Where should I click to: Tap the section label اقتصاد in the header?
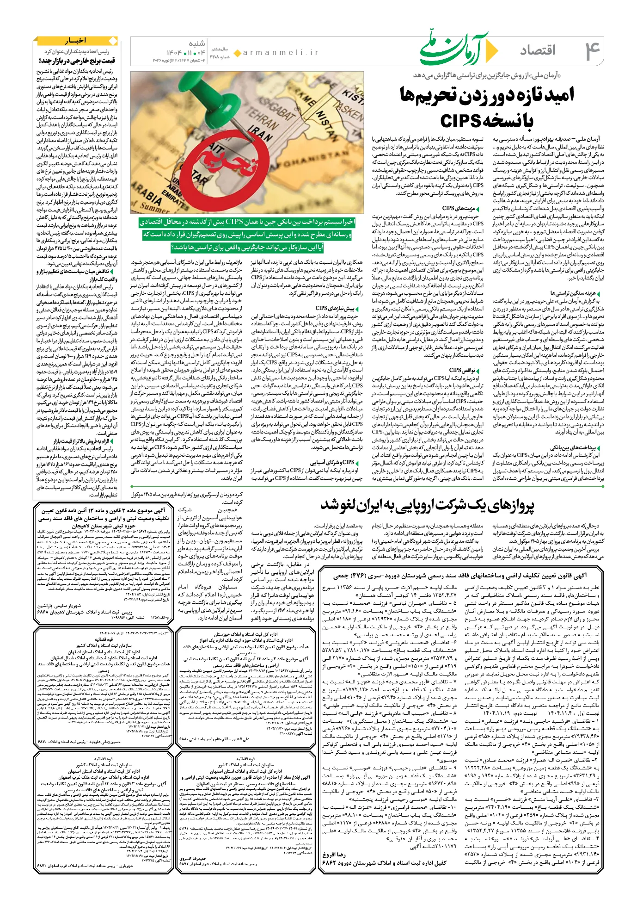click(538, 50)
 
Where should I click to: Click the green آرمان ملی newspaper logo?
click(459, 48)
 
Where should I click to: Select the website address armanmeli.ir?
click(281, 53)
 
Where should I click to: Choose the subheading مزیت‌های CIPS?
click(458, 208)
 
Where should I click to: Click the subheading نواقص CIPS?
click(462, 370)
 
